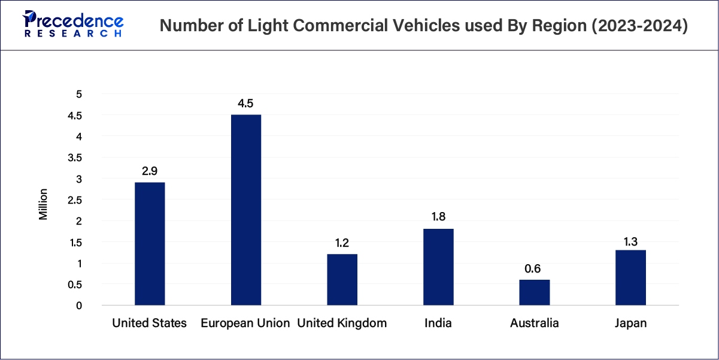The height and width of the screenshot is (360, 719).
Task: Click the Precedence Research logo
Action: click(x=72, y=25)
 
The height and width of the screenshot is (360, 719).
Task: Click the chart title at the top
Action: click(x=423, y=25)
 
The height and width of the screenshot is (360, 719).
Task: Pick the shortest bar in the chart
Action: click(x=534, y=292)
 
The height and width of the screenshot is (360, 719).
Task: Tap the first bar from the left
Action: click(x=150, y=243)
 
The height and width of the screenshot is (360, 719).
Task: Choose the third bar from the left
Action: click(x=342, y=279)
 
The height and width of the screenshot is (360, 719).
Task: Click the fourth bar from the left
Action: click(x=438, y=265)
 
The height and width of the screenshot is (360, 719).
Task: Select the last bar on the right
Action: click(x=630, y=277)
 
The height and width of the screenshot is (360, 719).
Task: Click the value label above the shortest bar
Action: click(x=532, y=268)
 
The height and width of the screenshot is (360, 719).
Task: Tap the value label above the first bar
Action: click(x=148, y=170)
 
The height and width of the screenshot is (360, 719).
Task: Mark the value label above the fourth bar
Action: click(x=438, y=216)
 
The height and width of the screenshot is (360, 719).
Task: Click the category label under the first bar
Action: click(x=148, y=323)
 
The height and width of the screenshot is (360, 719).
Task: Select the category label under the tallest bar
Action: click(x=247, y=323)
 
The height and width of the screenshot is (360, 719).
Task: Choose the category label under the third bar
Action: click(x=342, y=323)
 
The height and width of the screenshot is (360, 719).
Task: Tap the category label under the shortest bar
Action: click(x=534, y=323)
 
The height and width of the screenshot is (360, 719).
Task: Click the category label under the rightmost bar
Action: click(x=630, y=323)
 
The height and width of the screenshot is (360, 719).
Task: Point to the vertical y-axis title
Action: click(x=43, y=204)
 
